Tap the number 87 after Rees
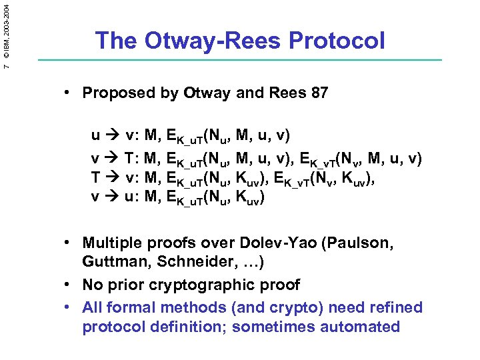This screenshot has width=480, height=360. pyautogui.click(x=319, y=93)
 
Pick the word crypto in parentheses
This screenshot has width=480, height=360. pyautogui.click(x=280, y=307)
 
